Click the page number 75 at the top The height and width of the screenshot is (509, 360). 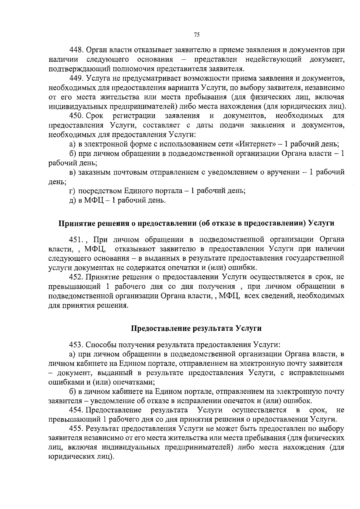coord(196,35)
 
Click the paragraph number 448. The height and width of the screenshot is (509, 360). coord(76,50)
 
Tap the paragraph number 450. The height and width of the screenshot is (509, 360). coord(76,116)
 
